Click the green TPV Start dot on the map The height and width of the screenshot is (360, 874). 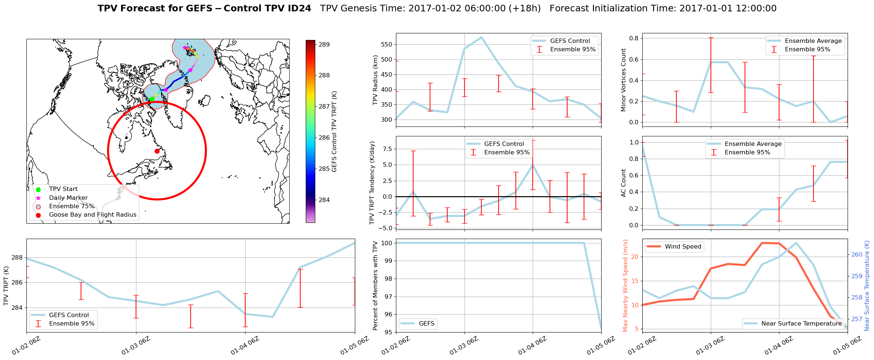(152, 99)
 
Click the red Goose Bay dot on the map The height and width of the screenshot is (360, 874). (157, 151)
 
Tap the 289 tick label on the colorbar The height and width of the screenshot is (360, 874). (324, 45)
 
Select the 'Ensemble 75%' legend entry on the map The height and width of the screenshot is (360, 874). (71, 206)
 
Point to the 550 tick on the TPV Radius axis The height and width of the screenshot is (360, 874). (387, 45)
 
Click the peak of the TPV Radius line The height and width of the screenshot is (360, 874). (481, 37)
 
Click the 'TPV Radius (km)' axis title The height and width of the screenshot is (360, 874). (375, 80)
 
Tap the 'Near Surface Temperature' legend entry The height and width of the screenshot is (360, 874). (801, 324)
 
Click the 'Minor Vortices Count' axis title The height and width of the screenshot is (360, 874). (623, 80)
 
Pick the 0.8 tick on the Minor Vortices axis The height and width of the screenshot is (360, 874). (634, 38)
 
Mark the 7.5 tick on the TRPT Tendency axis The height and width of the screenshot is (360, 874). (387, 149)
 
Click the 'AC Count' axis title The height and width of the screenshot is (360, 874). (623, 183)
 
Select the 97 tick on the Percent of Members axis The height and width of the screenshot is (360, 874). (388, 297)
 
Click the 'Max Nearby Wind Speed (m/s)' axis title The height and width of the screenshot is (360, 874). (625, 286)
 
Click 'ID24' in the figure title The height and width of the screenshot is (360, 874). (298, 8)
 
